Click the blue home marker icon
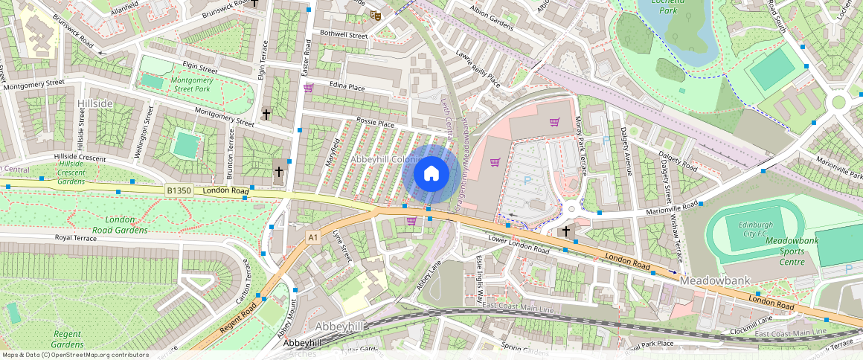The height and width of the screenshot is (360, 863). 431,174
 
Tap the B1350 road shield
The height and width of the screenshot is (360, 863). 178,191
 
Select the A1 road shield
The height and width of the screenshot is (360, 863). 313,237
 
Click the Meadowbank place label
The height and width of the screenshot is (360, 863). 715,281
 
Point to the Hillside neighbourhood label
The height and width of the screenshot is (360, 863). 95,103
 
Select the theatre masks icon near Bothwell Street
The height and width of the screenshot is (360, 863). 376,14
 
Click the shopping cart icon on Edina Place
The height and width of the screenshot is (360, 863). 308,88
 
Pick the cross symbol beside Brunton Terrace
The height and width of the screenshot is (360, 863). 279,172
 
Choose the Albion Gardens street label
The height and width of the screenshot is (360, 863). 492,19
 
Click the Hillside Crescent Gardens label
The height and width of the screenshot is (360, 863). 71,172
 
